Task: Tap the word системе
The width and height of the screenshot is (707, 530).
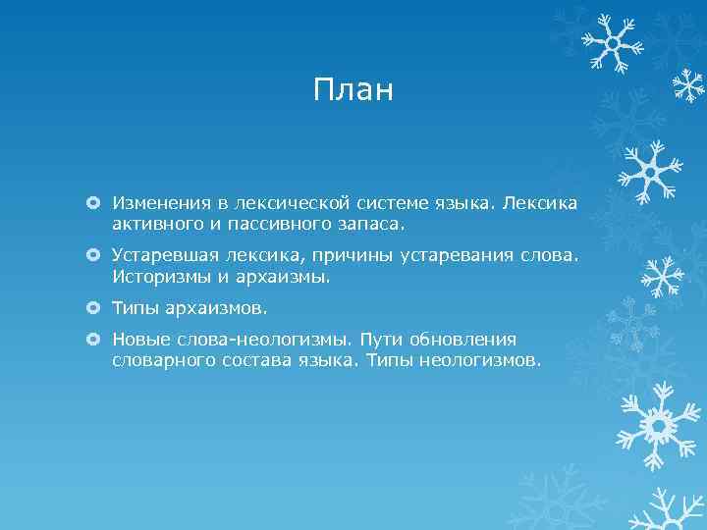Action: [x=385, y=203]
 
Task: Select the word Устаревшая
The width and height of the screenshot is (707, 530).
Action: [x=160, y=256]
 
